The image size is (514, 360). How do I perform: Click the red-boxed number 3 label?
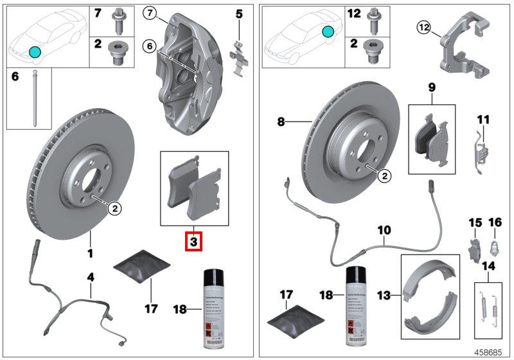[194, 242]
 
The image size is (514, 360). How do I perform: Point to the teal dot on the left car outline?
[35, 51]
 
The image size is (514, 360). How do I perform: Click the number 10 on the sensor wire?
[384, 229]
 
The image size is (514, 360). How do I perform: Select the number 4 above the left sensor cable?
[91, 277]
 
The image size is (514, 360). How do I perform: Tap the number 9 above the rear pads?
[431, 86]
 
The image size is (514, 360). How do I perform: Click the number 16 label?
[495, 222]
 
